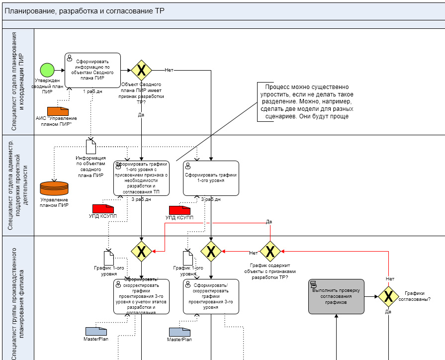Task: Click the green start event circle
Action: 47,70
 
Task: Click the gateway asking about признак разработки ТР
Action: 141,71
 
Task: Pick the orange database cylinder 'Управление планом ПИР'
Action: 54,188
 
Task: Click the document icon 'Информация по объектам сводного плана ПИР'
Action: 91,146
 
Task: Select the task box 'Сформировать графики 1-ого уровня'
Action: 211,178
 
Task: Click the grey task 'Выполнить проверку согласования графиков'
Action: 336,296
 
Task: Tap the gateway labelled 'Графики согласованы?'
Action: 388,296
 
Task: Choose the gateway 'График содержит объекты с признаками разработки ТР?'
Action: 270,252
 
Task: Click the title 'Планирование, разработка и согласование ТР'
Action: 84,11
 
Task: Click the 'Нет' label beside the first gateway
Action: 169,70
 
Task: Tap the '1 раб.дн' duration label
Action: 92,91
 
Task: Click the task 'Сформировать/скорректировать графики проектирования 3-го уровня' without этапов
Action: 211,296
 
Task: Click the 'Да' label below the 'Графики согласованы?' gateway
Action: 388,312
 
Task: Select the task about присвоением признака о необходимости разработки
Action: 141,178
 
